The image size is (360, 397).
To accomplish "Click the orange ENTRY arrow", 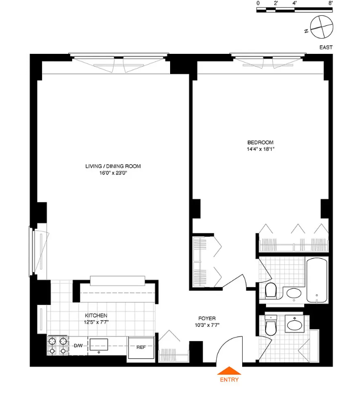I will (229, 371).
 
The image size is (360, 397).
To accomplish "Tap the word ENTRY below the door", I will (229, 379).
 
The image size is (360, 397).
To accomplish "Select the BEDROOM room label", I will (260, 142).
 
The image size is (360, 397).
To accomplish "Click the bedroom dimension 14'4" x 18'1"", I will (260, 149).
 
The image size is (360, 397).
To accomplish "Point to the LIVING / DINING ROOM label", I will (113, 166).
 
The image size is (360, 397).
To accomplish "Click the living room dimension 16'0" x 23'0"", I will (113, 173).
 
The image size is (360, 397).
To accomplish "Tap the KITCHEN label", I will (96, 316).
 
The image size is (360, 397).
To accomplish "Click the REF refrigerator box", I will (141, 348).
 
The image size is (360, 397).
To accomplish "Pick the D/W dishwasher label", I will (78, 346).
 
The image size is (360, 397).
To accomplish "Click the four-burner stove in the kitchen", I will (57, 346).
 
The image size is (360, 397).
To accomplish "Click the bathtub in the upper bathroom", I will (316, 281).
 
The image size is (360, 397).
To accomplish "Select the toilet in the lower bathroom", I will (271, 326).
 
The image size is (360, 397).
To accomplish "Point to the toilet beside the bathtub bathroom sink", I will (271, 291).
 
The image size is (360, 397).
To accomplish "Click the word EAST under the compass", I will (326, 48).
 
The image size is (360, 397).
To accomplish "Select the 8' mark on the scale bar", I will (331, 3).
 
